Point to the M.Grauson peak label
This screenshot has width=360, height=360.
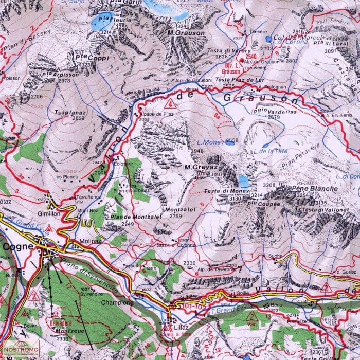point(186,33)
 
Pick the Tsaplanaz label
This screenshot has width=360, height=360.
point(71,111)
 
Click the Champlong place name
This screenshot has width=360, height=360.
point(117,303)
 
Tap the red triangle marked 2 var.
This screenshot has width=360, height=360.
point(250,317)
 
